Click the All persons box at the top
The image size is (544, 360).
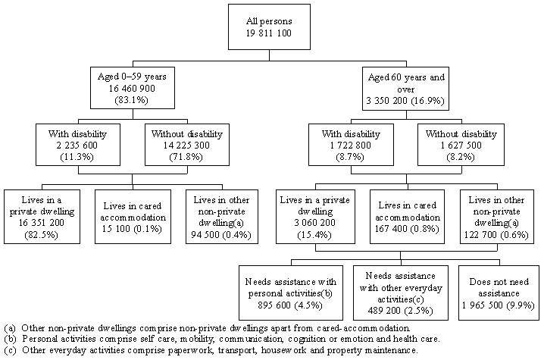[x=271, y=28]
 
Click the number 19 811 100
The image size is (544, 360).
[x=271, y=34]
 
